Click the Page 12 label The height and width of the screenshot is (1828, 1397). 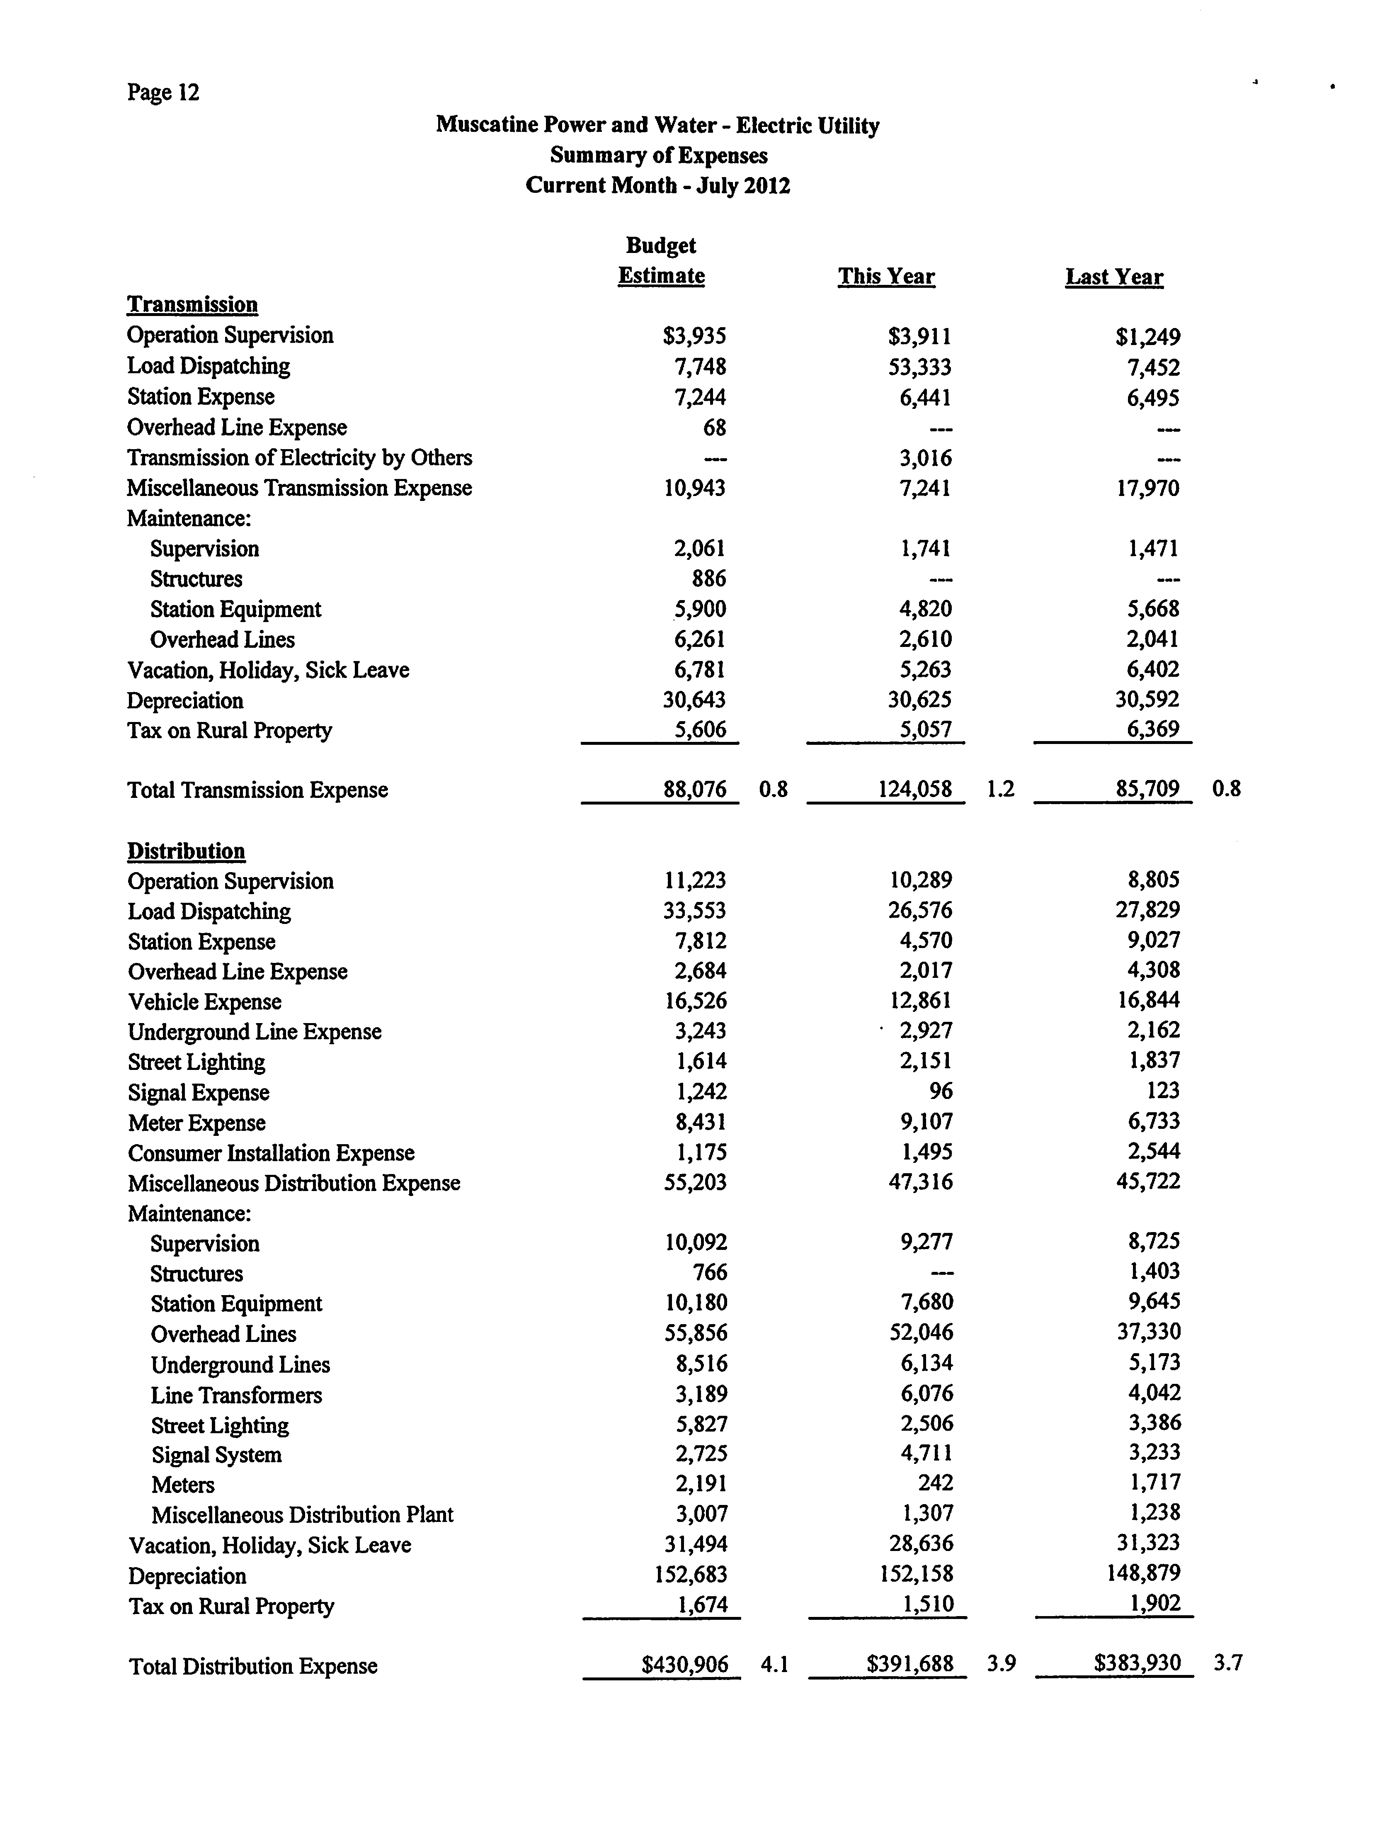point(163,92)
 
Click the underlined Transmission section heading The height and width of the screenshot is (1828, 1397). point(192,304)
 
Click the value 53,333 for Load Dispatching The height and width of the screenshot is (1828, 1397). point(920,367)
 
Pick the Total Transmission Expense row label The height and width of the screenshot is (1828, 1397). point(258,790)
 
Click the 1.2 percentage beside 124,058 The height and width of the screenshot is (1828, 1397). point(1000,788)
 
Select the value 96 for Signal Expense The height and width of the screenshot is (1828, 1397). point(941,1091)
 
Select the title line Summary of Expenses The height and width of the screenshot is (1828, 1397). point(659,156)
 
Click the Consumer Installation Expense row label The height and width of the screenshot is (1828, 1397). point(271,1154)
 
